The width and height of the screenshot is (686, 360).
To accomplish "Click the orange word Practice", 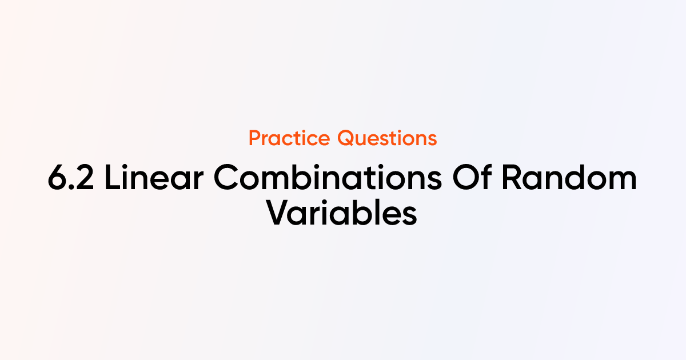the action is coord(289,138).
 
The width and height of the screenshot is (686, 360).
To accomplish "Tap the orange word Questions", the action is coord(387,138).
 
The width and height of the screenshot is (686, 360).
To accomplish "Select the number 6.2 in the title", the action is coord(71,178).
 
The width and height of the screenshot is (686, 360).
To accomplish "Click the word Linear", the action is coord(154,177).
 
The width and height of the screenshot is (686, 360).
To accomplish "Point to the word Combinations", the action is coord(328,177).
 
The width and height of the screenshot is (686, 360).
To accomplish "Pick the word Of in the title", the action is coord(472,177).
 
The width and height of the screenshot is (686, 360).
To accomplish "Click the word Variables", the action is coord(341,212).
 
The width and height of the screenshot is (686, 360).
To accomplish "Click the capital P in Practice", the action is coord(254,138).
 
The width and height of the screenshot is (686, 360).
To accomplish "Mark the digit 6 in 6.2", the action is coord(57,178).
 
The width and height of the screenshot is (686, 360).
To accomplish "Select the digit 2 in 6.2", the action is coord(83,178).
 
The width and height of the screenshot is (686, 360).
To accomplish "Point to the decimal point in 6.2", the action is coord(71,187).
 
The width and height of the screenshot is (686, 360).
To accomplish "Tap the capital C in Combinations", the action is coord(226,177).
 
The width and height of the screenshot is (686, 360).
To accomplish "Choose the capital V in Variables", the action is coord(279,213).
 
